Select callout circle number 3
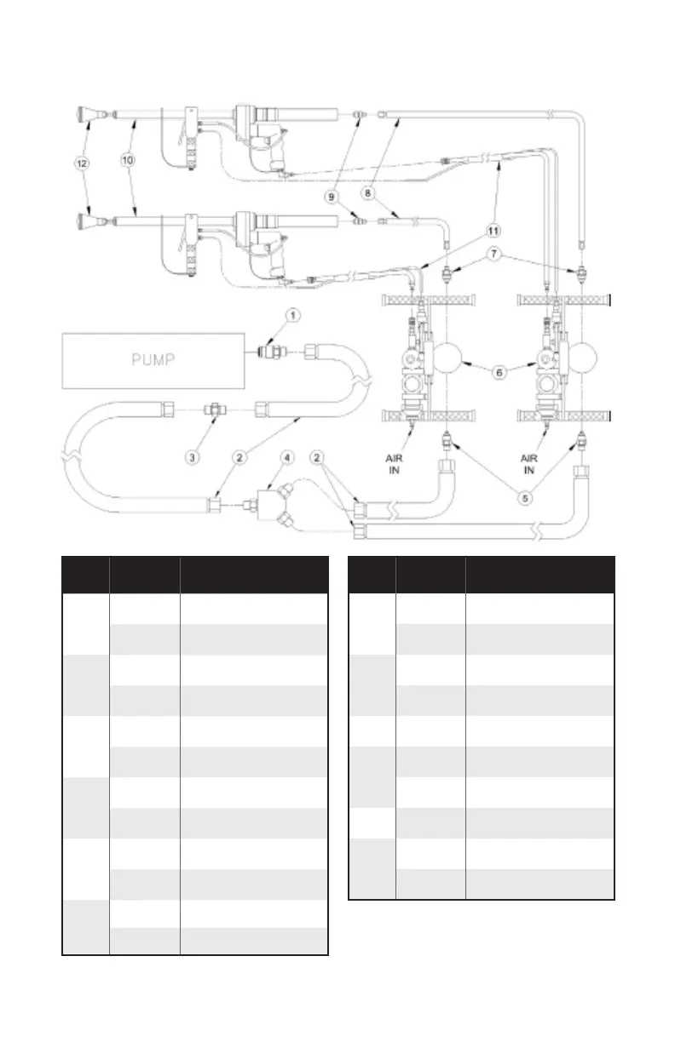click(193, 457)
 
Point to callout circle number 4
click(289, 457)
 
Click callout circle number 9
click(331, 194)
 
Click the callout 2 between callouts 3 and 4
click(241, 457)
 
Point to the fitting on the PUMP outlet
click(268, 349)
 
